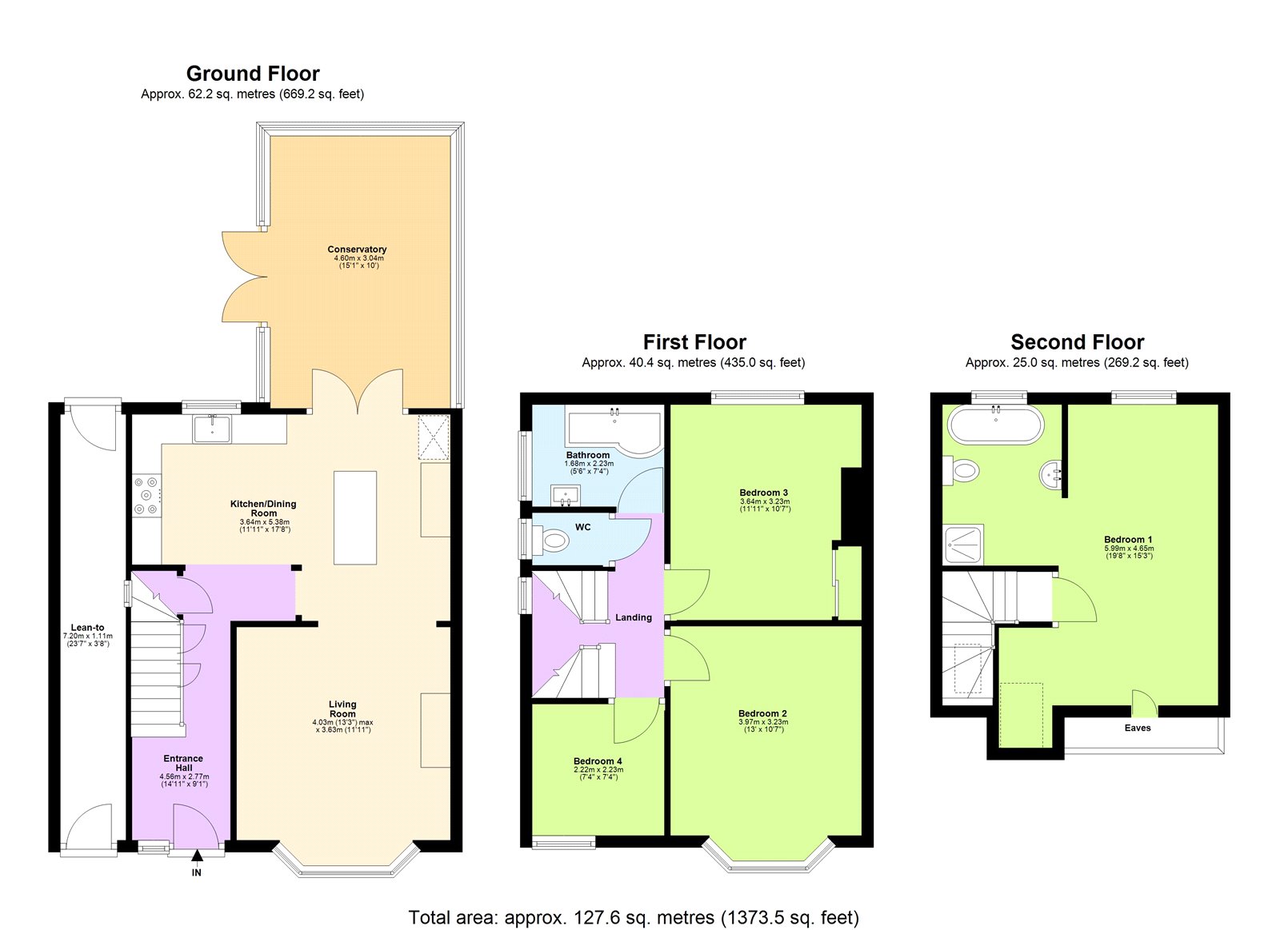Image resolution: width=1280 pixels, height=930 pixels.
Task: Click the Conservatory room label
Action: [357, 249]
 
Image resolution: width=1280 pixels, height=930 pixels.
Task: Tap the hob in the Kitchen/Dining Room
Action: [147, 496]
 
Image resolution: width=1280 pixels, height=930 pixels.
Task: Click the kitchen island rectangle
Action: [355, 517]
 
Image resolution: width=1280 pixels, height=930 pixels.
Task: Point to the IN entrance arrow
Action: [197, 857]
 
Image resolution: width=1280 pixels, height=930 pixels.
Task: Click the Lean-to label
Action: [87, 628]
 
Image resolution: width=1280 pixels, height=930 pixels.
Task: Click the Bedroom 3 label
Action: [764, 493]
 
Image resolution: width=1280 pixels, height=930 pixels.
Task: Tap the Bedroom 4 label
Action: [598, 761]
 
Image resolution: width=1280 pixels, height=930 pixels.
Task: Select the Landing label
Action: [634, 617]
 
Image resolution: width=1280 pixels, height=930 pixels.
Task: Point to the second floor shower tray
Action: [963, 545]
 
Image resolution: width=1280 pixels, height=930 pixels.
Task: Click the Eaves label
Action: [1137, 728]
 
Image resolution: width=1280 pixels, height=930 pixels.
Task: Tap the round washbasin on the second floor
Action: [1053, 475]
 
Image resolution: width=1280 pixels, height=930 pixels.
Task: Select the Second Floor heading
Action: [1077, 342]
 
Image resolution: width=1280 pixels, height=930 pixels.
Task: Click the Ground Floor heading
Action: [253, 74]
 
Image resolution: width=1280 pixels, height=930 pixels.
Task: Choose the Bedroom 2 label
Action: [762, 713]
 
